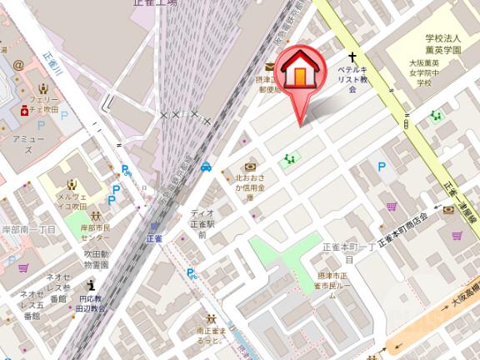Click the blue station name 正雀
pos(155,238)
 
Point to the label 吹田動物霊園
pos(96,258)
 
